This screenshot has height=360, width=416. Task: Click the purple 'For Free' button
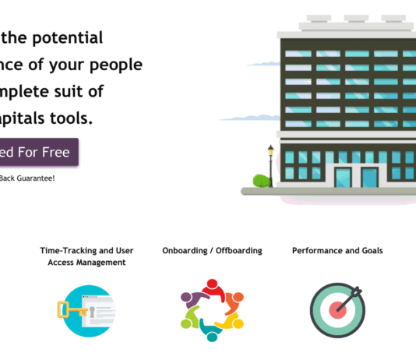[x=39, y=152]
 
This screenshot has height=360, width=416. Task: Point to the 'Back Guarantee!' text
[x=27, y=178]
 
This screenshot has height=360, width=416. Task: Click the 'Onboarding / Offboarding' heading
[x=212, y=251]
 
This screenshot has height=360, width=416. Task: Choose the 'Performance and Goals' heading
[x=337, y=251]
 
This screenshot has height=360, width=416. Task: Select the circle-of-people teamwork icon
[x=212, y=310]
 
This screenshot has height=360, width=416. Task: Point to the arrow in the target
[x=349, y=297]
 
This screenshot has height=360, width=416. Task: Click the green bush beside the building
[x=262, y=181]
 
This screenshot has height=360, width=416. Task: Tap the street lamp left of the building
[x=271, y=164]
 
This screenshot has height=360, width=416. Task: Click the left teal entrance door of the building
[x=343, y=177]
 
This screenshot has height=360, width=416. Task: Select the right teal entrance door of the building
[x=369, y=178]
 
